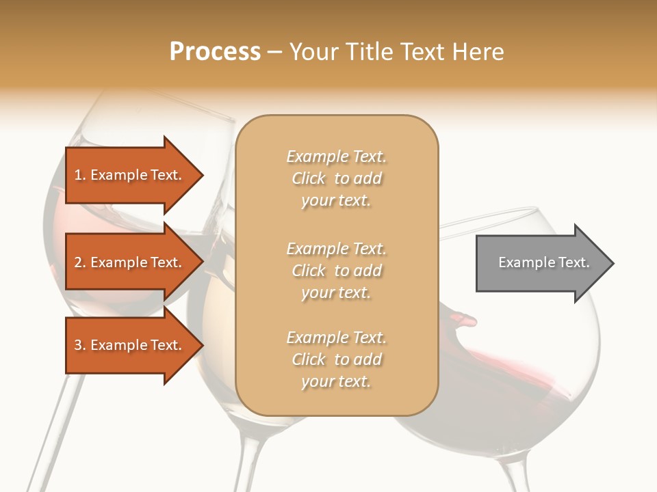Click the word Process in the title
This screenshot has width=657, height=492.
(215, 52)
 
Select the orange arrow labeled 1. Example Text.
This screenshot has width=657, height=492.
(130, 175)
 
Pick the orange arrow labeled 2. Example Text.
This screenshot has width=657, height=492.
(130, 262)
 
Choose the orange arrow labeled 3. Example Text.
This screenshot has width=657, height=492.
(130, 345)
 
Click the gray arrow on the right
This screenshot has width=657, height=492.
(541, 263)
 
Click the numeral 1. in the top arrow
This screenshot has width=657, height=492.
(80, 175)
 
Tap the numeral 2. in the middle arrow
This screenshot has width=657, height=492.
(80, 262)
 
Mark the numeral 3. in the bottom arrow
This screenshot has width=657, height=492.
(80, 345)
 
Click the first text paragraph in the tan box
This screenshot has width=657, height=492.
(336, 178)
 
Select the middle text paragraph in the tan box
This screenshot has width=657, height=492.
(336, 271)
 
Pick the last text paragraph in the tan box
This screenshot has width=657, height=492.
(336, 359)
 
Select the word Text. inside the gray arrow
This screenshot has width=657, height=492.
(574, 262)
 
